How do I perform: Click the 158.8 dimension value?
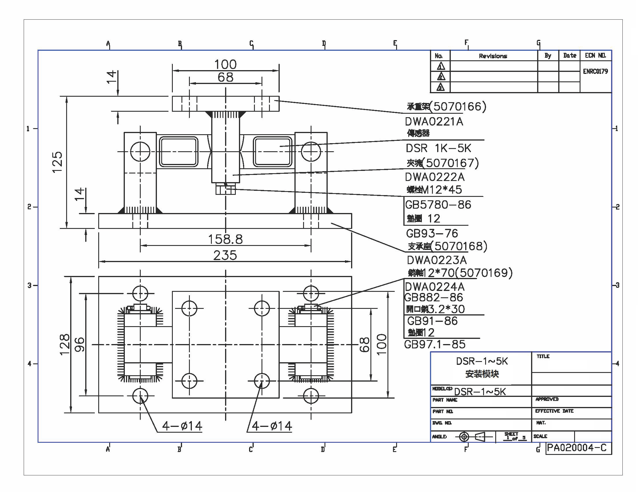point(225,239)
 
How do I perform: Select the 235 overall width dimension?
point(225,255)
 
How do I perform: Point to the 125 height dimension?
point(58,162)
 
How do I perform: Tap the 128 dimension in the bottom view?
point(65,344)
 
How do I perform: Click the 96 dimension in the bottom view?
point(80,344)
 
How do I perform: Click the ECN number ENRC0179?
point(595,72)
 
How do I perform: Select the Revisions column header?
point(493,56)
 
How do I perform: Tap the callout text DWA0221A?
point(434,122)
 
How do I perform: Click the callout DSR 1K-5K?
point(438,148)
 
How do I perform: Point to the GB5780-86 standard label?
point(438,205)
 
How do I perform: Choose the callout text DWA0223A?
point(437,260)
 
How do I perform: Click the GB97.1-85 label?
point(435,345)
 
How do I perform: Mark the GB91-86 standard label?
point(432,321)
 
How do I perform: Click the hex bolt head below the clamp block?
point(225,189)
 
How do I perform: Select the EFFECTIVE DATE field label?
point(554,411)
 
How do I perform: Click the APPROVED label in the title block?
point(547,399)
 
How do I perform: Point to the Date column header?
point(570,55)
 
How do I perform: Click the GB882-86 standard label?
point(433,298)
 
